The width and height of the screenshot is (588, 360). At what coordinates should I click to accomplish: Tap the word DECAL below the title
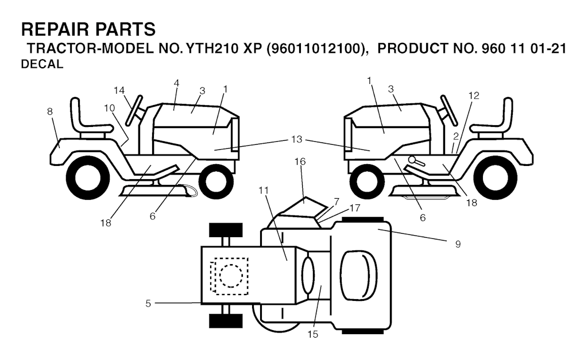(x=41, y=65)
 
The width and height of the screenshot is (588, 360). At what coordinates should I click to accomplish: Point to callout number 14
(x=119, y=90)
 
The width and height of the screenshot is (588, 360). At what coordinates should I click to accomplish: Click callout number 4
(x=176, y=83)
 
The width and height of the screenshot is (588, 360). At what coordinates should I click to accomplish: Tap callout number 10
(x=109, y=107)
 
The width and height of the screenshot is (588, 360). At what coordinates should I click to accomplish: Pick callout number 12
(x=474, y=95)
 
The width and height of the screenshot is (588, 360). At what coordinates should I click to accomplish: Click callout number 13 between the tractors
(x=296, y=139)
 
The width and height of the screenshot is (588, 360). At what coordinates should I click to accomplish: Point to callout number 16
(x=300, y=162)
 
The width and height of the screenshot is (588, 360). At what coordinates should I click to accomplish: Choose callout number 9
(x=458, y=244)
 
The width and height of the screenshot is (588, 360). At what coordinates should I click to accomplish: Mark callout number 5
(x=148, y=303)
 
